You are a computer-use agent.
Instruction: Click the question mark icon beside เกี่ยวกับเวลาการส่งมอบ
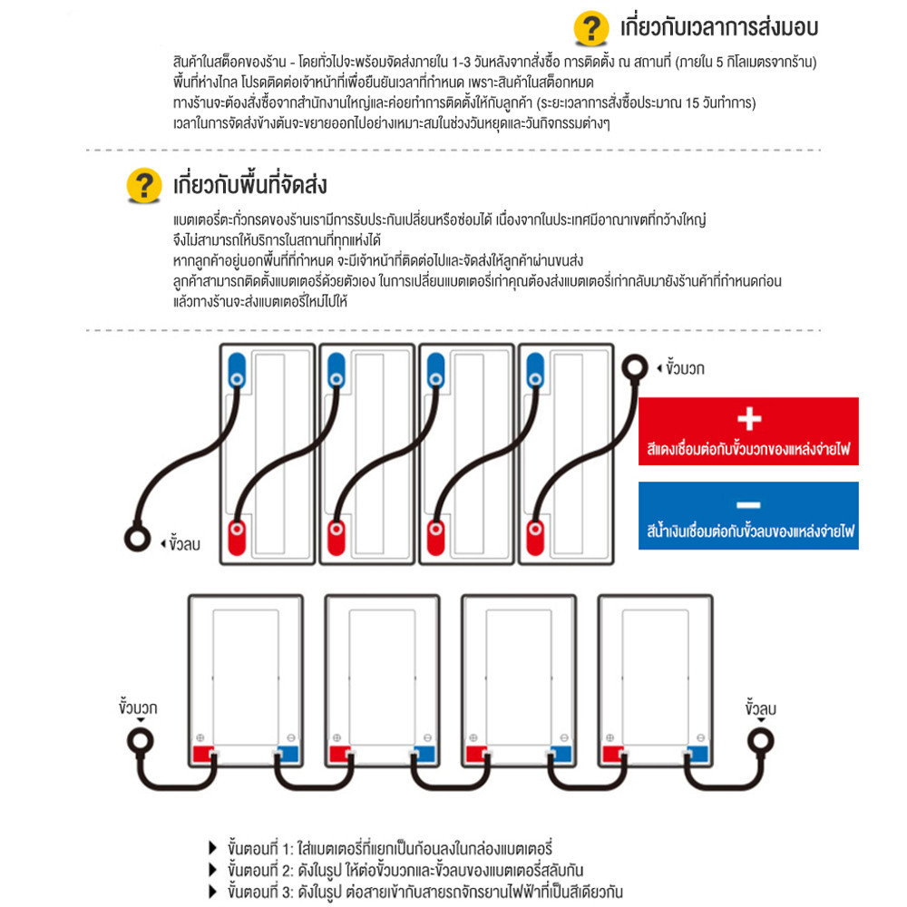[590, 28]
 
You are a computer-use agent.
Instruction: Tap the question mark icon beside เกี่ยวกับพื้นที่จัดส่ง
[142, 186]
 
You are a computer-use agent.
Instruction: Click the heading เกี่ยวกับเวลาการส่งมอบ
[718, 27]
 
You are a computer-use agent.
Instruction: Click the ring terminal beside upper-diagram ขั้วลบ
[136, 539]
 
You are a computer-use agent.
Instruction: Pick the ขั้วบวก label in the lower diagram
[139, 704]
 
